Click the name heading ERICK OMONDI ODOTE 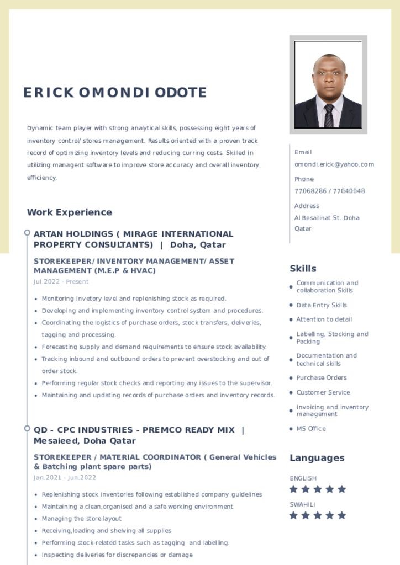pyautogui.click(x=115, y=92)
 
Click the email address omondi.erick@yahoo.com pyautogui.click(x=334, y=164)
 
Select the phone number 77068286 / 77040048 pyautogui.click(x=329, y=191)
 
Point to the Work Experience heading pyautogui.click(x=69, y=212)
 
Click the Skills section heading pyautogui.click(x=303, y=269)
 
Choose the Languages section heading pyautogui.click(x=317, y=458)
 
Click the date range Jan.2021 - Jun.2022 pyautogui.click(x=65, y=478)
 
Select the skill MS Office pyautogui.click(x=310, y=429)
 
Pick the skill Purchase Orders pyautogui.click(x=321, y=378)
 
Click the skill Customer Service pyautogui.click(x=323, y=392)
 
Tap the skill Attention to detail pyautogui.click(x=324, y=319)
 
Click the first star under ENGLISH pyautogui.click(x=293, y=489)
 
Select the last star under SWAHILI pyautogui.click(x=341, y=515)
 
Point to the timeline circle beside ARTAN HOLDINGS pyautogui.click(x=27, y=233)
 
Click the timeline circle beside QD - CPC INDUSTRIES pyautogui.click(x=27, y=428)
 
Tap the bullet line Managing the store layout pyautogui.click(x=81, y=519)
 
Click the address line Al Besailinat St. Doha pyautogui.click(x=327, y=218)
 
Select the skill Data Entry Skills pyautogui.click(x=321, y=305)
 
